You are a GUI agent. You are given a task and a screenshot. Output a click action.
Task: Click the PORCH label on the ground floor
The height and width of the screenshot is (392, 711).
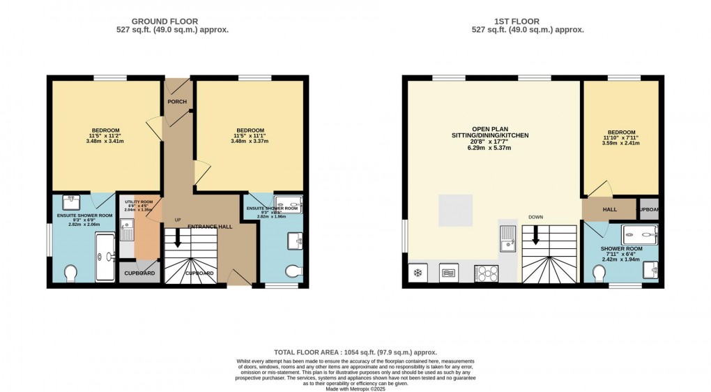click(x=177, y=102)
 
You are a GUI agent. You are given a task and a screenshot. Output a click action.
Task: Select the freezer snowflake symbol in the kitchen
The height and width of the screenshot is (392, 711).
click(x=419, y=273)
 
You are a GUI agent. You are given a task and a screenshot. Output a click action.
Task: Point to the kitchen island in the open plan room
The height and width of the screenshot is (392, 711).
click(x=458, y=211)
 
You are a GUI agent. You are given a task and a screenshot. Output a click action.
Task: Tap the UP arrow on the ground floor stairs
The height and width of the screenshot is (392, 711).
click(x=178, y=238)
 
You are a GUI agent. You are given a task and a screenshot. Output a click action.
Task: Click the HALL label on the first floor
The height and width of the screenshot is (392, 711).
click(x=609, y=209)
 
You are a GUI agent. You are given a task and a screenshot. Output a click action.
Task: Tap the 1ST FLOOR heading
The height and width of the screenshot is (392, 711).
click(x=528, y=21)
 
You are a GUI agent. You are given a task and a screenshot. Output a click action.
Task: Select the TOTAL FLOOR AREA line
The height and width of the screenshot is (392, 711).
click(x=355, y=352)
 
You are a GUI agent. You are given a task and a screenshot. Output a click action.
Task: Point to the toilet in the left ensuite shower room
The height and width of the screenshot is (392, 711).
click(x=70, y=273)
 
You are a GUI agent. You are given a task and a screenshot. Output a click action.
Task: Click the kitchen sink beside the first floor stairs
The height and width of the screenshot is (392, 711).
click(x=509, y=239)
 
